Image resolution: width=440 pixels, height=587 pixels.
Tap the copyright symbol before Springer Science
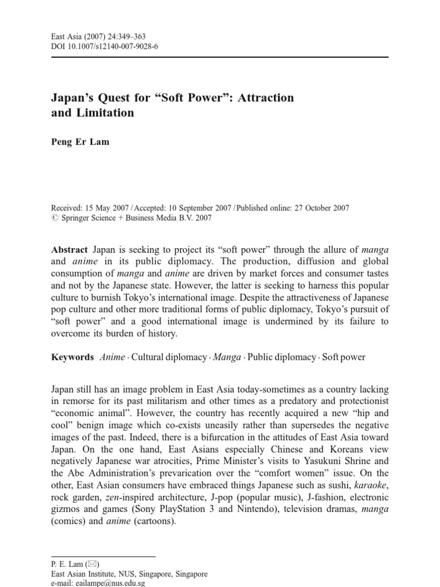[x=55, y=218]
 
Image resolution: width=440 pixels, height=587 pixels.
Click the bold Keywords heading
[x=72, y=357]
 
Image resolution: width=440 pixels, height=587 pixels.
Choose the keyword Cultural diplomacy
[x=169, y=357]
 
